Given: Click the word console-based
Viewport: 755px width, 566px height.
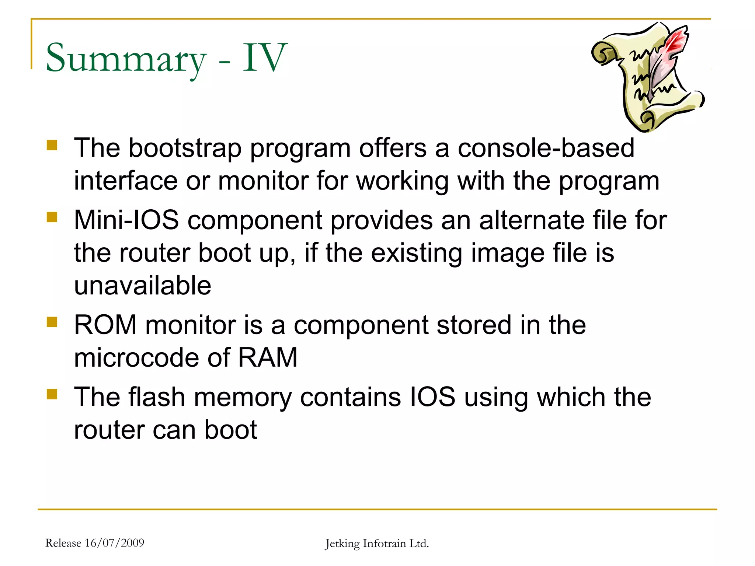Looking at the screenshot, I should point(546,148).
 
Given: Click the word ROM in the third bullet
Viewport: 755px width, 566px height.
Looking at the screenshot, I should point(105,325).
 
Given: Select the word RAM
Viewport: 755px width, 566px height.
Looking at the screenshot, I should point(268,357).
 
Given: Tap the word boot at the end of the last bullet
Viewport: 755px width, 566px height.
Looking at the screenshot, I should point(230,430).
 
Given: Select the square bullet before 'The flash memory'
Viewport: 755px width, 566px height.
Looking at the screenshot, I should point(52,394).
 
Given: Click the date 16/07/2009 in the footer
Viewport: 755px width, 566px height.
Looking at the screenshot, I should point(114,543).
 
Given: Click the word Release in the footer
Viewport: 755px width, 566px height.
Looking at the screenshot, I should point(63,543).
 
